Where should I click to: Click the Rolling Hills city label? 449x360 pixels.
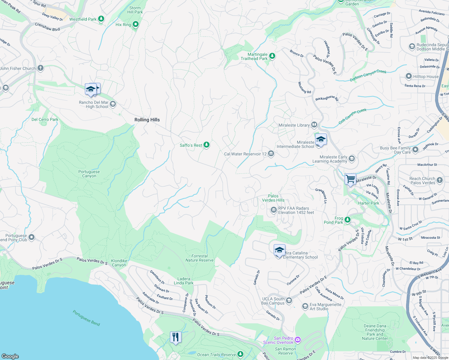pos(147,120)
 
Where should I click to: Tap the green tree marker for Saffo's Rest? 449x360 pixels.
pos(206,145)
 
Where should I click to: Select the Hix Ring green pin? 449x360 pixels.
pos(136,24)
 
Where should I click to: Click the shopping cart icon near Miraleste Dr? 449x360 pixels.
pos(350,179)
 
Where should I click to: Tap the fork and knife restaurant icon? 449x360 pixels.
pos(176,337)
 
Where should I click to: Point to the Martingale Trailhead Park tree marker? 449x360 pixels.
pos(272,56)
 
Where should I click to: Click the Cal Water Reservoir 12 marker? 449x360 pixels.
pos(271,154)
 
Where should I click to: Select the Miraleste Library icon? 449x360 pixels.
pos(314,124)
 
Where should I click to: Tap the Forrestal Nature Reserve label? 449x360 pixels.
pos(200,258)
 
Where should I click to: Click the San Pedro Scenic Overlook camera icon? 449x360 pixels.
pos(298,340)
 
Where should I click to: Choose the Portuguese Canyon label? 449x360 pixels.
pos(89,174)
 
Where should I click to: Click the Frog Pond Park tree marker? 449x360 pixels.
pos(348,220)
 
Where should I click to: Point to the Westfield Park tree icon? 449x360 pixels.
pos(101,19)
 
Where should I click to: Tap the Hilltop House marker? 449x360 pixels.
pos(408,76)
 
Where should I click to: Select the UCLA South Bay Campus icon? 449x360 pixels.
pos(289,300)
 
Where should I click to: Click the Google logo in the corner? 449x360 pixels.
pos(10,356)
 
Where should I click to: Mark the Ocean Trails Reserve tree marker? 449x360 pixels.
pos(240,354)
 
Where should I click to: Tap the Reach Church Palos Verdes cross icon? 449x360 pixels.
pos(440,180)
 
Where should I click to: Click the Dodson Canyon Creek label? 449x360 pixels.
pos(368,76)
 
